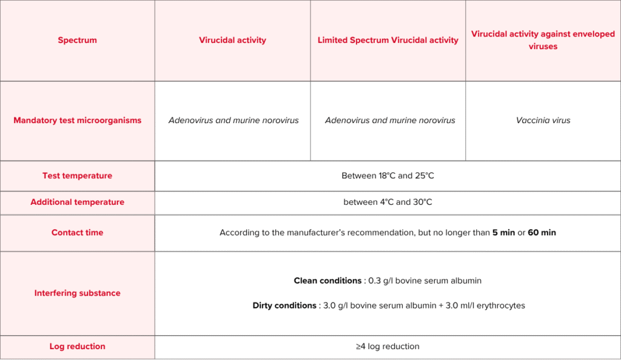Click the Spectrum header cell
(x=77, y=41)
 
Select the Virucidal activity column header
(x=232, y=41)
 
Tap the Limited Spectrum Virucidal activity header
(x=388, y=41)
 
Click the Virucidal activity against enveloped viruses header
(x=543, y=40)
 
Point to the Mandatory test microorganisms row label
(x=77, y=121)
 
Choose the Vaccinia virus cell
(x=543, y=121)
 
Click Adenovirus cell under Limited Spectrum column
(x=390, y=121)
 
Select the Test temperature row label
(x=77, y=176)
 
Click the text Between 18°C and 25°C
(x=388, y=176)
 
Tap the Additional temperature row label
(x=77, y=202)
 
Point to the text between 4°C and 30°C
(x=388, y=202)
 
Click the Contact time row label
(x=77, y=233)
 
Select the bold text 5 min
(x=503, y=233)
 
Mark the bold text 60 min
(x=542, y=233)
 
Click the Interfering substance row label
(x=77, y=293)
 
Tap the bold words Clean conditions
(x=327, y=281)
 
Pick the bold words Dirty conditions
(x=284, y=306)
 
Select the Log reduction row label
(x=77, y=347)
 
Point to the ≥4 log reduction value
(x=388, y=347)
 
